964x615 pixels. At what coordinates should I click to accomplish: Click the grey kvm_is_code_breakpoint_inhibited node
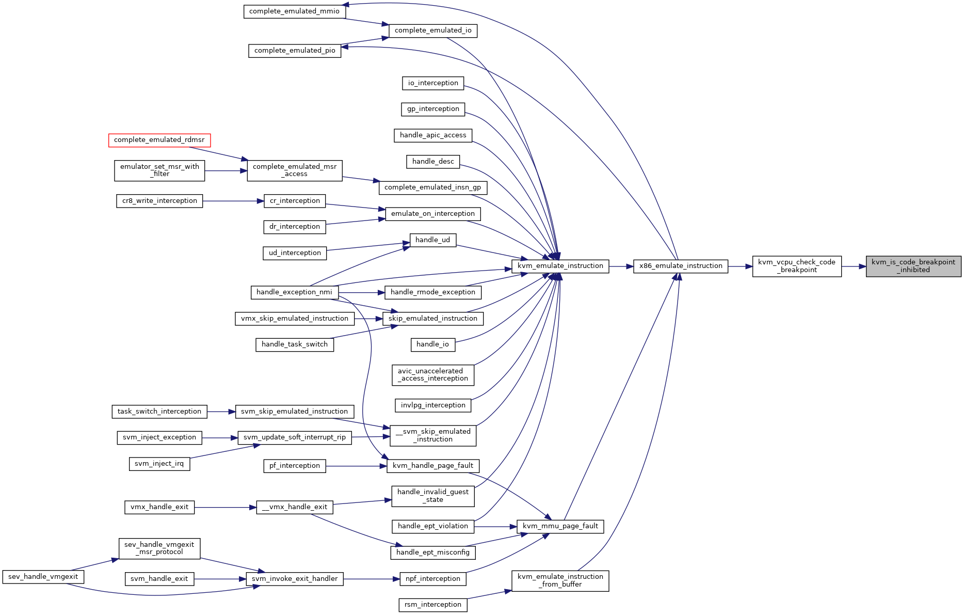point(913,266)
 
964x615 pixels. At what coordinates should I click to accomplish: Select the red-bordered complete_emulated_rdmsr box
point(159,140)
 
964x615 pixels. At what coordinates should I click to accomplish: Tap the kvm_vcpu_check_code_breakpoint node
point(797,266)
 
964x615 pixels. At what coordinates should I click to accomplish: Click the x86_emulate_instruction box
point(681,266)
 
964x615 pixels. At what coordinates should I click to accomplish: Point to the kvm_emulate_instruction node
point(560,266)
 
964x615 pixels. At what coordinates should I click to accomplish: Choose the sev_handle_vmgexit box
point(43,577)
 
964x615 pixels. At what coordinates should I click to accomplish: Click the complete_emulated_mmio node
point(295,11)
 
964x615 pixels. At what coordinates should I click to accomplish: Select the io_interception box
point(433,83)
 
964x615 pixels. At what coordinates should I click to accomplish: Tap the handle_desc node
point(433,162)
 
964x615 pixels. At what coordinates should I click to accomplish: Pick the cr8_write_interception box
point(159,201)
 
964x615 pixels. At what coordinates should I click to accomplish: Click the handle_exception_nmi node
point(295,292)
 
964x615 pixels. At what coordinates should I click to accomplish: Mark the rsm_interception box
point(433,605)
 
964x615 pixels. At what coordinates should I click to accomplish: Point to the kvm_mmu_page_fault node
point(560,526)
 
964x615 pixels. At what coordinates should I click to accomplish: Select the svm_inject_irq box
point(159,464)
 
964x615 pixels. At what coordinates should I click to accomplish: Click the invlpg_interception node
point(433,405)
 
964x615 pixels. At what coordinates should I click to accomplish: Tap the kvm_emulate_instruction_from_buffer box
point(560,581)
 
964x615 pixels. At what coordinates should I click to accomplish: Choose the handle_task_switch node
point(295,344)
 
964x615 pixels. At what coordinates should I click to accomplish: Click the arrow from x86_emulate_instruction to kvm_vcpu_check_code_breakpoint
point(740,266)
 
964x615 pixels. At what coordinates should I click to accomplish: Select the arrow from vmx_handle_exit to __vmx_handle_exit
point(226,508)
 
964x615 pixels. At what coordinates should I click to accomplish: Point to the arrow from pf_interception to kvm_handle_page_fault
point(357,466)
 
